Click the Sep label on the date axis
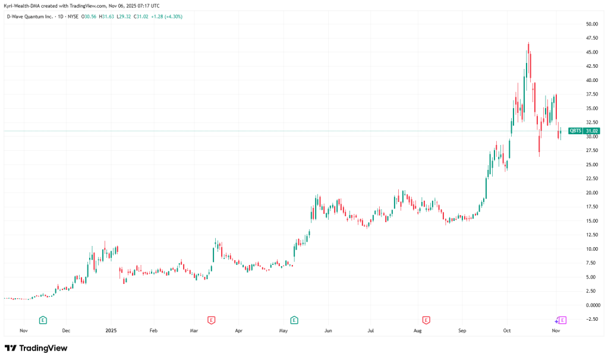[x=463, y=330]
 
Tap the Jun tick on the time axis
[x=328, y=330]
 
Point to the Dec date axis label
[x=66, y=330]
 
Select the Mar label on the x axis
[x=194, y=330]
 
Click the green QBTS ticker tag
[x=575, y=131]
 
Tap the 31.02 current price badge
[x=591, y=131]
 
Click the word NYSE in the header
[x=73, y=17]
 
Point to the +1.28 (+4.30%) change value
[x=166, y=17]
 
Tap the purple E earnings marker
[x=563, y=320]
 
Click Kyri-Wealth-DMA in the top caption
[x=22, y=5]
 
